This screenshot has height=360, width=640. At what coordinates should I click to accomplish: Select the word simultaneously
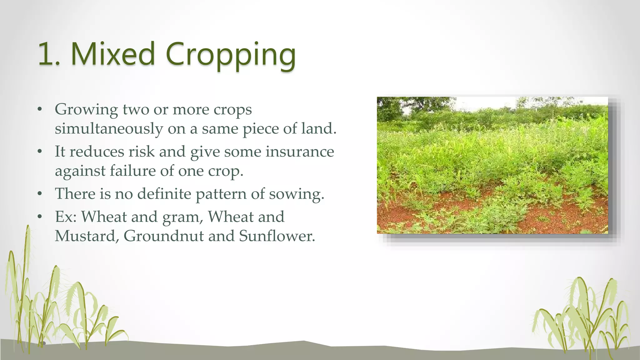point(109,129)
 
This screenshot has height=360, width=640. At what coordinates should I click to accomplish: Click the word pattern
point(221,194)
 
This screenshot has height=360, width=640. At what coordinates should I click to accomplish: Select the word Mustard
point(85,236)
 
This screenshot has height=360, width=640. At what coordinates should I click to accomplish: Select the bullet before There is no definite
point(39,194)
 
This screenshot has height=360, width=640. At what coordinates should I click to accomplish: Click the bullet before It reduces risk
point(39,152)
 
